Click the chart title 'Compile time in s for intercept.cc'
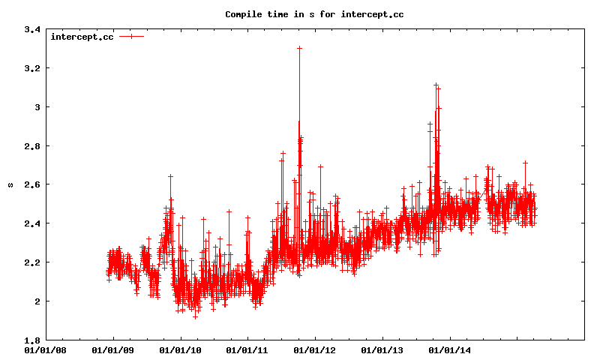(x=314, y=14)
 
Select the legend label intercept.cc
(x=82, y=37)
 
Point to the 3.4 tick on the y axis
(x=32, y=29)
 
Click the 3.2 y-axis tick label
(x=32, y=68)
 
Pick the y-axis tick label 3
(x=37, y=107)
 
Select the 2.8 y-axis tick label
(x=32, y=145)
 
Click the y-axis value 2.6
(x=32, y=184)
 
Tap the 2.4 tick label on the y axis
(x=32, y=223)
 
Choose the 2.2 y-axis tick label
(x=32, y=262)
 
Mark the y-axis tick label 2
(x=37, y=301)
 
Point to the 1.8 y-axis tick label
(x=32, y=340)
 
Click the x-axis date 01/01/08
(x=45, y=349)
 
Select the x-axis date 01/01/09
(x=112, y=349)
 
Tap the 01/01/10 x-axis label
(x=180, y=349)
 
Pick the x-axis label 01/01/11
(x=247, y=349)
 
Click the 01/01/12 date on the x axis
(x=314, y=349)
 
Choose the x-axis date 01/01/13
(x=382, y=349)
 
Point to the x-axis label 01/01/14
(x=449, y=349)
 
